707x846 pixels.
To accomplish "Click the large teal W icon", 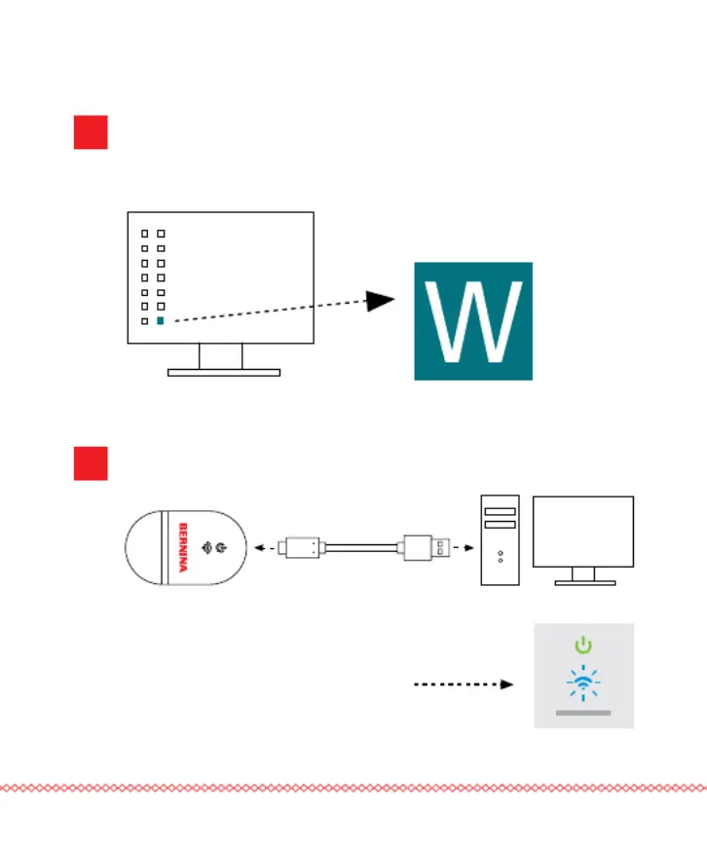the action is [x=473, y=321].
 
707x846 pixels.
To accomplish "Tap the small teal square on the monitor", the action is [x=161, y=321].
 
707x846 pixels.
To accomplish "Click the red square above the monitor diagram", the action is [x=91, y=132].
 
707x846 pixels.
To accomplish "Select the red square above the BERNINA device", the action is [x=91, y=463].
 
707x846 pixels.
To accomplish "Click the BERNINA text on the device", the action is [x=183, y=547].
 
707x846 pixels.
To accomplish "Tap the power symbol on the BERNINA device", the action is [x=221, y=548].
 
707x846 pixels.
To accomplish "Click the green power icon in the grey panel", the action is [x=583, y=644].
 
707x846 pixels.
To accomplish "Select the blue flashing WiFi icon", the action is [x=583, y=683].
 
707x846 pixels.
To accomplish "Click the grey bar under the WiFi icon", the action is [x=583, y=713].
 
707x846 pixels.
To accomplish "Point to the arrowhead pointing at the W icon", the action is [x=380, y=301].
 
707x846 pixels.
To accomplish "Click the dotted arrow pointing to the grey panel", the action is [x=464, y=684].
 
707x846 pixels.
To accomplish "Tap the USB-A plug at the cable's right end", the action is [x=427, y=548].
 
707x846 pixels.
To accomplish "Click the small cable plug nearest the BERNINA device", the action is [x=301, y=548].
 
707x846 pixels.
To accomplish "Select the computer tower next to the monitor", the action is [x=501, y=540].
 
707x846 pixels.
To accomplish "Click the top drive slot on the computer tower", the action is [x=501, y=511].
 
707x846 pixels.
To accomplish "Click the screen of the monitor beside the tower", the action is [x=583, y=532].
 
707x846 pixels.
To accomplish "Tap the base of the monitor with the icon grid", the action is [x=224, y=373].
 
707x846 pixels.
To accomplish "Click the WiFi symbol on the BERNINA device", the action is [x=206, y=548].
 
